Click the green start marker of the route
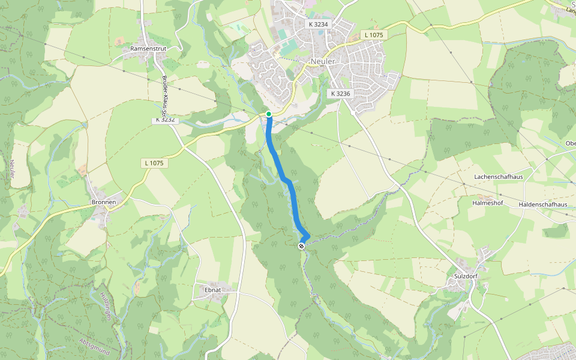click(x=269, y=114)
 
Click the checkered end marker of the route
click(x=301, y=245)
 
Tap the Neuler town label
click(x=323, y=62)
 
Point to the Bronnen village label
click(x=103, y=202)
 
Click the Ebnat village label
click(x=213, y=290)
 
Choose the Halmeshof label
click(x=487, y=203)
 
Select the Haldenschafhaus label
click(x=543, y=205)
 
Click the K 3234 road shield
click(x=319, y=25)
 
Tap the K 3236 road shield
click(x=340, y=94)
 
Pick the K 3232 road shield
click(x=165, y=119)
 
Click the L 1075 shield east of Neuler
click(x=375, y=35)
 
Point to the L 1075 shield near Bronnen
click(x=154, y=163)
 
